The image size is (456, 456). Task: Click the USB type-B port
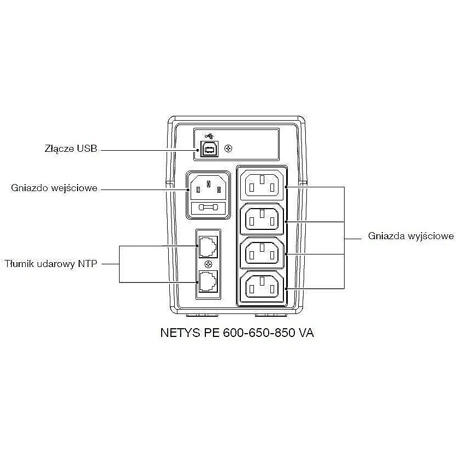click(x=209, y=149)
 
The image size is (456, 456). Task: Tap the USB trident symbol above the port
click(x=209, y=136)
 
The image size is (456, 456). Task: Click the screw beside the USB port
click(x=229, y=149)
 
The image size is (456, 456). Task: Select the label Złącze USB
click(x=70, y=149)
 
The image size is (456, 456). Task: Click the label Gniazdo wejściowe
click(x=54, y=188)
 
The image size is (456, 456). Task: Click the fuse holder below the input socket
click(x=208, y=208)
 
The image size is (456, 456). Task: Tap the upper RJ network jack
click(x=208, y=247)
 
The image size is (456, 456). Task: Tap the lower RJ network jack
click(x=208, y=281)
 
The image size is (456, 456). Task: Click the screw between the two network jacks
click(x=208, y=264)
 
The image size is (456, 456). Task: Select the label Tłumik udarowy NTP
click(x=51, y=264)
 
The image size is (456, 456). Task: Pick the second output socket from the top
click(x=262, y=218)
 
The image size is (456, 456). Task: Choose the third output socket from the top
click(x=262, y=253)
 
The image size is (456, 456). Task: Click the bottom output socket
click(x=262, y=287)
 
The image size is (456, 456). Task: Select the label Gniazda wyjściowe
click(x=411, y=236)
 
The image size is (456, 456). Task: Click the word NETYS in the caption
click(x=180, y=333)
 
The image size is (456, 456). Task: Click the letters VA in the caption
click(x=306, y=333)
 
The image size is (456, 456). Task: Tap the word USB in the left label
click(x=87, y=149)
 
